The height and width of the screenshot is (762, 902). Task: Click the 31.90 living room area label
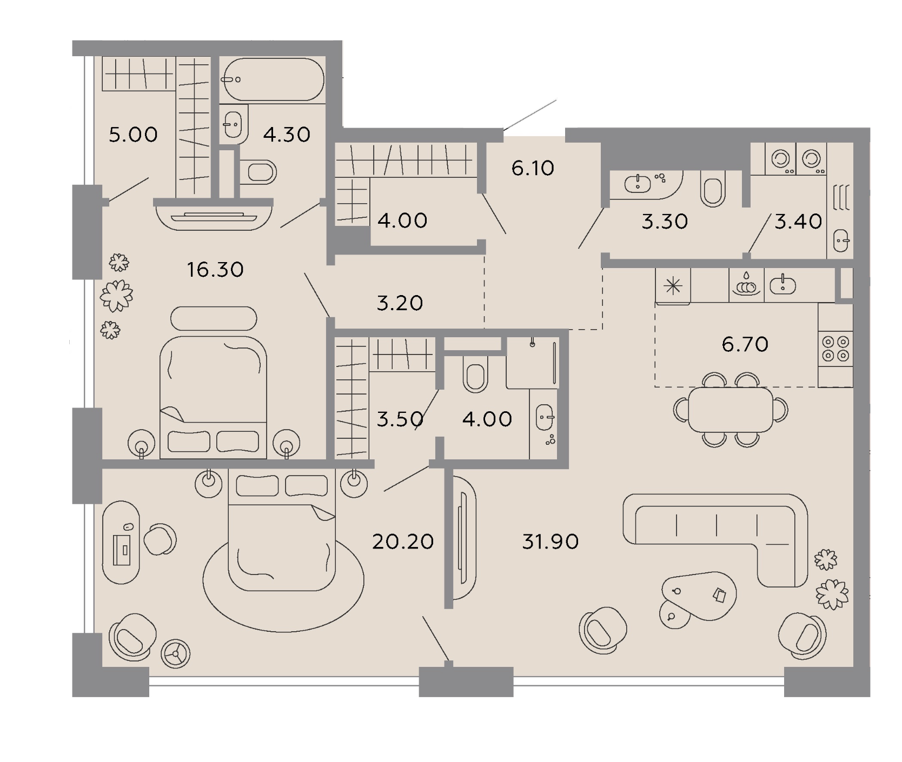point(550,541)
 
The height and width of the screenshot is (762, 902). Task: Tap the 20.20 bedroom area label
point(403,541)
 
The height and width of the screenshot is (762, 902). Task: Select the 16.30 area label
point(215,269)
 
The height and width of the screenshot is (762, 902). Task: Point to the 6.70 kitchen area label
point(745,344)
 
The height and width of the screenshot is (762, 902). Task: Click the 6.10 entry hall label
point(533,168)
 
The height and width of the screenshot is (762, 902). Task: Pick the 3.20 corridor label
point(400,303)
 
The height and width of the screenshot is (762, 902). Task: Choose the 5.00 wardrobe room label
point(133,135)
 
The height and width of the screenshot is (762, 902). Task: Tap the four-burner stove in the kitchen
point(835,349)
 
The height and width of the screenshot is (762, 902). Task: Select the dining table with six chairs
point(731,409)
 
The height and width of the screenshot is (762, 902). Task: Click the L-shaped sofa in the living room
point(715,540)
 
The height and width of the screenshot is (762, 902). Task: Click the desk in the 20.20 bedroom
point(121,542)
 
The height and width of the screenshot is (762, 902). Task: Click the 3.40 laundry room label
point(798,221)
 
